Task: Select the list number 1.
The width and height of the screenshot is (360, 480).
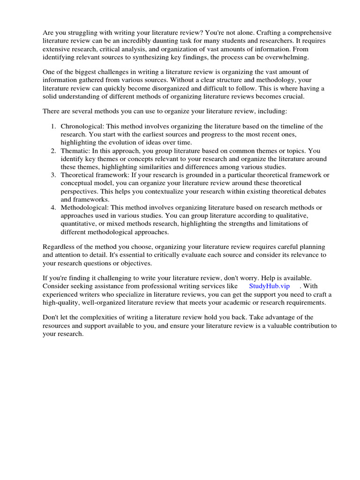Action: tap(53, 127)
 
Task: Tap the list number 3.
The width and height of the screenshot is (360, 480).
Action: tap(53, 175)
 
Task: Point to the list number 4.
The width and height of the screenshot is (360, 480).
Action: tap(53, 207)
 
